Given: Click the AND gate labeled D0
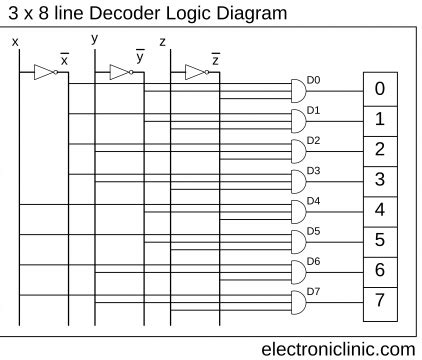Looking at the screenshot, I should point(298,91).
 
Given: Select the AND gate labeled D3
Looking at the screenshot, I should point(298,181).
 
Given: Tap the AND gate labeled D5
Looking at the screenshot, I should point(298,241).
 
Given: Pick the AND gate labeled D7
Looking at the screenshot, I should point(298,301).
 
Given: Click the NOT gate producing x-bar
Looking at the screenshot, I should point(43,72).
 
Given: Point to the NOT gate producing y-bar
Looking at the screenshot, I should point(119,72).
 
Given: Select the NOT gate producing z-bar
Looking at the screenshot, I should point(194,72).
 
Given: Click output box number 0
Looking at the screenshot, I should point(379,88).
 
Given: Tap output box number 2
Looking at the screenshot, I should point(379,149).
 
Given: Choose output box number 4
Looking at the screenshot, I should point(379,210).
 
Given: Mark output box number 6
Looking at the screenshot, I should point(379,270).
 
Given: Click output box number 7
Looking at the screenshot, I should point(379,300).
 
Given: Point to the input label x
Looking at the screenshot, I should point(15,42).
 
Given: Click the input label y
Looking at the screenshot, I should point(94,39).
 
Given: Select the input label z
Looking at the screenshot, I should point(162,43).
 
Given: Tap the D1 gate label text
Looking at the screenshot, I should point(313,110).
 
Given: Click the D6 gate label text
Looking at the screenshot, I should point(313,260).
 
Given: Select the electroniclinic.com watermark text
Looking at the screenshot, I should point(337,348).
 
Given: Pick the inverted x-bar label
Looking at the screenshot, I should point(65,60).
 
